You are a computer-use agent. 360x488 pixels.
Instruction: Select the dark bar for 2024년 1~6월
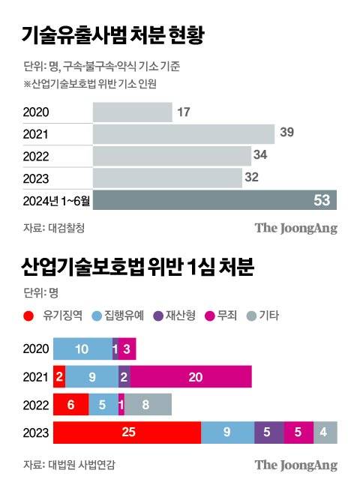point(214,201)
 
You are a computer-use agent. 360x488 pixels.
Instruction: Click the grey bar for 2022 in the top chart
point(171,156)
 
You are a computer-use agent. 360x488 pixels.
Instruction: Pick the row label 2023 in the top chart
point(36,178)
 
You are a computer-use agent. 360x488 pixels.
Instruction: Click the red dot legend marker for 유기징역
point(28,316)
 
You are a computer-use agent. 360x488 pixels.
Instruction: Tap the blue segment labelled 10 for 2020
point(82,349)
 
